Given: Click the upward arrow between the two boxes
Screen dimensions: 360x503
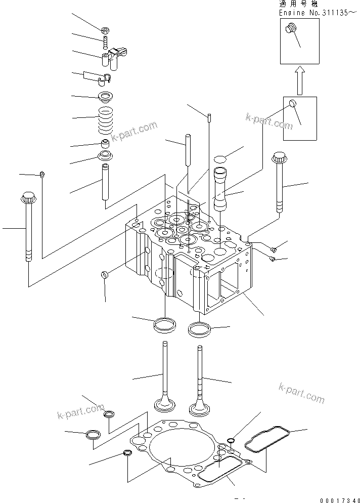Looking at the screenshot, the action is (299, 80).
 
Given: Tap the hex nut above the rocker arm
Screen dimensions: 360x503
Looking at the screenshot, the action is (105, 31).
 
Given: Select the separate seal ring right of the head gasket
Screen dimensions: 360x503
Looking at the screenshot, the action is (267, 439).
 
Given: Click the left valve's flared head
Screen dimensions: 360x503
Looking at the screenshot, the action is (165, 404).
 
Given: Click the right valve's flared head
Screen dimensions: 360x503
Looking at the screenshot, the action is (200, 408).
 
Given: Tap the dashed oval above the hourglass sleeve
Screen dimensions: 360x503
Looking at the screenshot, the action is (220, 159).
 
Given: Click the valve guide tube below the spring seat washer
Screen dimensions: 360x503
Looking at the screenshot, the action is (105, 182).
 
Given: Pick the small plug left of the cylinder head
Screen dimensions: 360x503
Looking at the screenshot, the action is (105, 275).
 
